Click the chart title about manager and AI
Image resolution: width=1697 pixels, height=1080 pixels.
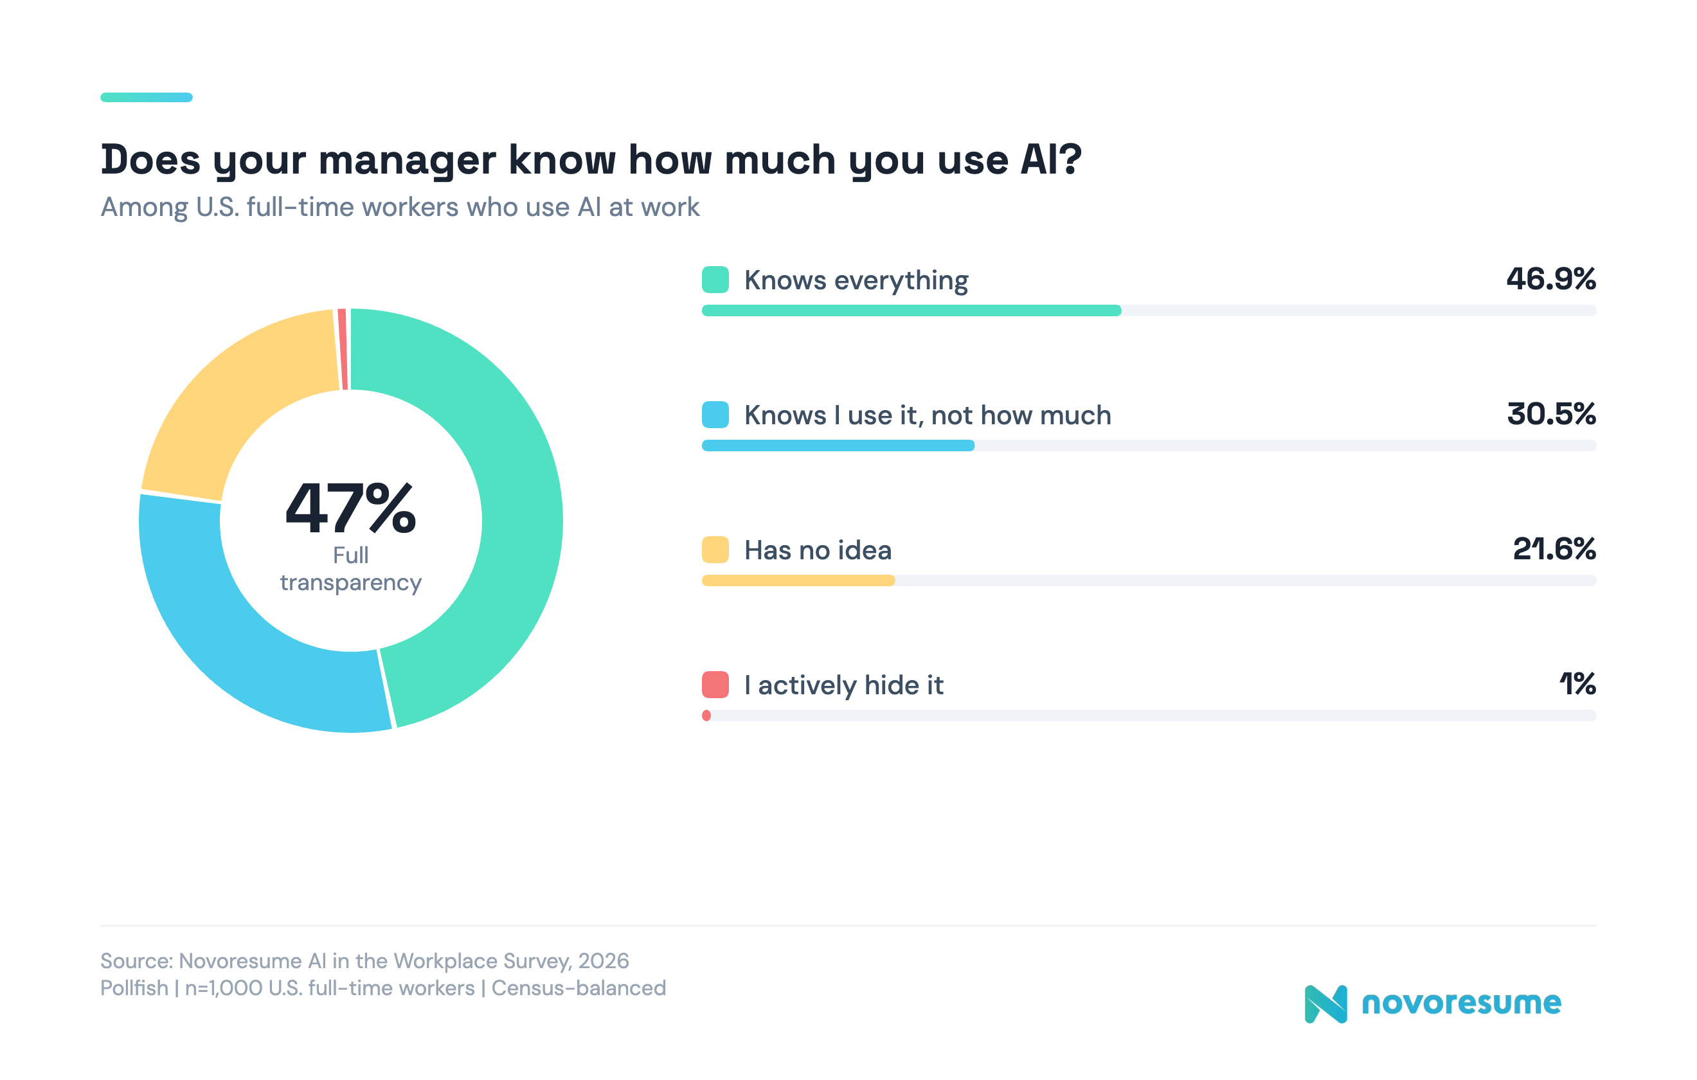click(591, 159)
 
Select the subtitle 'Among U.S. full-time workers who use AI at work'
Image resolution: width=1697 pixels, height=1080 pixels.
click(400, 207)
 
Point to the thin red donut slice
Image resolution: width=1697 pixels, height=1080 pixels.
click(343, 349)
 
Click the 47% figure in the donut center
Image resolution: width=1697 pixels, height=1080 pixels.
click(350, 509)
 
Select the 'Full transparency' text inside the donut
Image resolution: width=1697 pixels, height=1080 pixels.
click(350, 569)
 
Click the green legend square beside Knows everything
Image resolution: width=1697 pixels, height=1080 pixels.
click(715, 280)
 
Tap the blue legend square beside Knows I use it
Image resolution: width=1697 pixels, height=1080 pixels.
click(715, 415)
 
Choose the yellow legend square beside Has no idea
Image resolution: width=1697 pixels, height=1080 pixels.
click(715, 550)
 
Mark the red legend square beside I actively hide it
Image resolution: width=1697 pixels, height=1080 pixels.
click(715, 685)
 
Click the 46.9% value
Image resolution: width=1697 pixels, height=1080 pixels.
click(1550, 279)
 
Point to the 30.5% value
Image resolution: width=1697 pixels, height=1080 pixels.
click(1550, 415)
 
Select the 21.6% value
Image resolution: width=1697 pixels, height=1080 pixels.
click(1554, 549)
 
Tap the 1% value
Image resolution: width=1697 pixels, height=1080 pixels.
click(1577, 684)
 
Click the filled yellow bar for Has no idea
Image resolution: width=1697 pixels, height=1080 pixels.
click(798, 580)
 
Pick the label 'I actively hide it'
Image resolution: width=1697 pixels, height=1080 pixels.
click(843, 685)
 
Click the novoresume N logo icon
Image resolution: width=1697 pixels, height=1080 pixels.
click(1325, 1004)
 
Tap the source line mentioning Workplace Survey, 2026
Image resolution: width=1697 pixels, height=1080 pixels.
click(364, 961)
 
